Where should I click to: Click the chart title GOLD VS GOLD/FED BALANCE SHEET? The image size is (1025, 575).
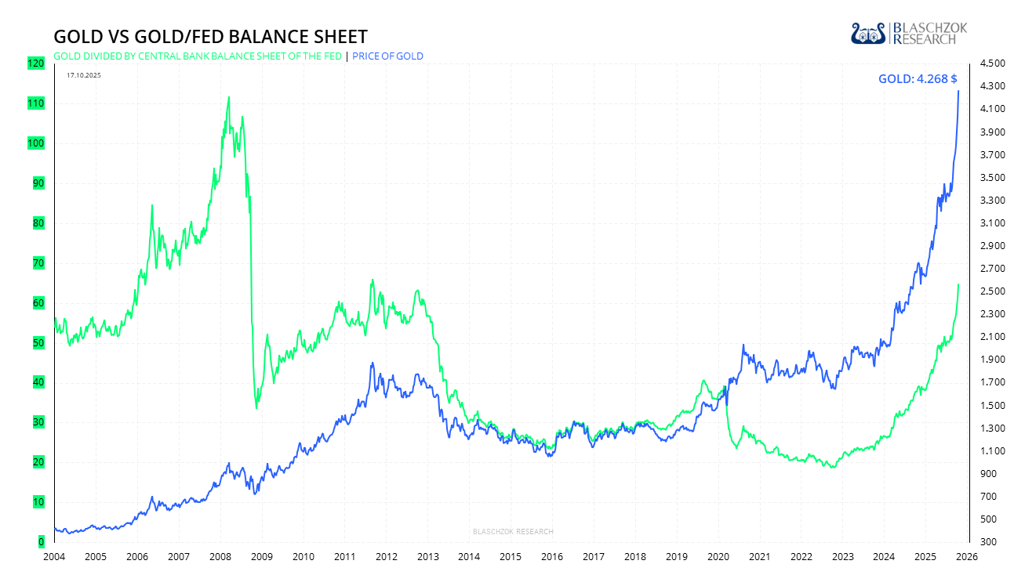[210, 37]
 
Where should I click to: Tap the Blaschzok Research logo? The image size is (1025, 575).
[909, 33]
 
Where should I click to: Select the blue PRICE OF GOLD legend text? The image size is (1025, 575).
[387, 56]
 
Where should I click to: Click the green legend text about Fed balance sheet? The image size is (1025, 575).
[197, 56]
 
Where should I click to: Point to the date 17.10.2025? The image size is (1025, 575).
[84, 75]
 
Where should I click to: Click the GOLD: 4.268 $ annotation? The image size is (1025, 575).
[918, 78]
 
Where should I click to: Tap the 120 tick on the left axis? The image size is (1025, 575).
[35, 63]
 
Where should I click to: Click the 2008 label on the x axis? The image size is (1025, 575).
[220, 557]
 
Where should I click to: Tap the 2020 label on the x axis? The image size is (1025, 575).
[718, 557]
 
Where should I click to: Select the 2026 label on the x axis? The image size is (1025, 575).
[967, 557]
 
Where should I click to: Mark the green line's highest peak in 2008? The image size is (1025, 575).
[228, 97]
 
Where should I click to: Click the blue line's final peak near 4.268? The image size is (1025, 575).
[958, 91]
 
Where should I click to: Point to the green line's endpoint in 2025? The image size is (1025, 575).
[958, 284]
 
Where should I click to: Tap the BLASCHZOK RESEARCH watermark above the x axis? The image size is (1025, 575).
[513, 532]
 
